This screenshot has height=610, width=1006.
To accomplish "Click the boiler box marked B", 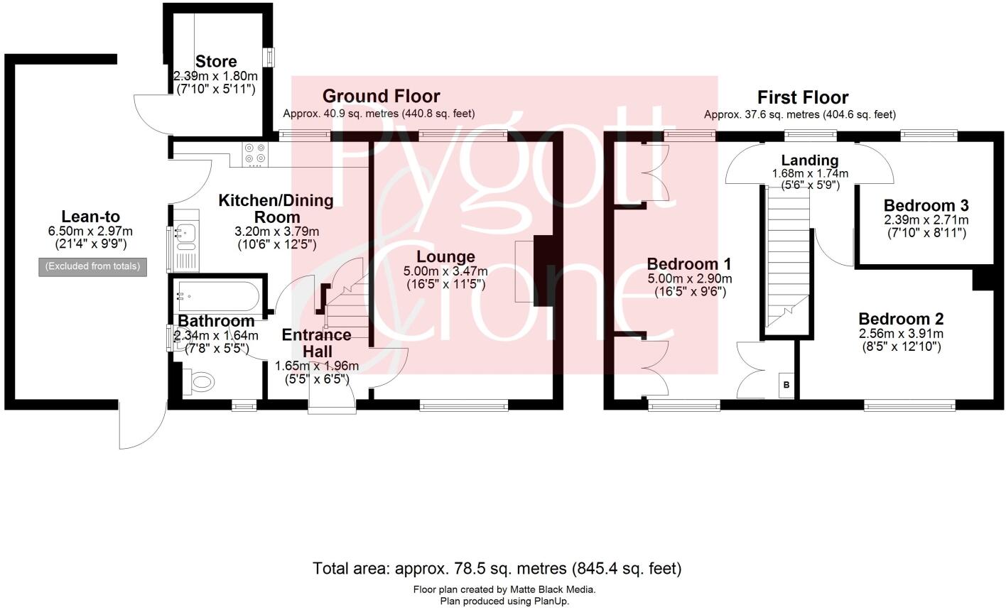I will click(x=786, y=385).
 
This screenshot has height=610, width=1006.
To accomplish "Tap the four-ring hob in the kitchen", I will click(x=256, y=156).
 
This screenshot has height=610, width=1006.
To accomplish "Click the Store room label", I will click(x=216, y=61).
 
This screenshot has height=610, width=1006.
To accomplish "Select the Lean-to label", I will click(x=90, y=217).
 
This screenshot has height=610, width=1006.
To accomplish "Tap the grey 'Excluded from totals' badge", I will click(x=93, y=266).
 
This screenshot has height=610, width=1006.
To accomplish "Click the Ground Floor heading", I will click(x=381, y=96).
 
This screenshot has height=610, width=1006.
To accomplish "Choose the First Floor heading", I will click(x=803, y=97).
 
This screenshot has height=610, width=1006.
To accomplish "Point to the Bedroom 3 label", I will click(x=926, y=205).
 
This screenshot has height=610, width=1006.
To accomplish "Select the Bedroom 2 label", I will click(x=901, y=319).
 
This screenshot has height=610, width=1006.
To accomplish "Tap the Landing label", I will click(x=809, y=160).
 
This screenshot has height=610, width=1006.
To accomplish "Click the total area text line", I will click(x=497, y=568).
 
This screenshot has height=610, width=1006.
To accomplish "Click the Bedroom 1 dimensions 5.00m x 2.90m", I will click(x=689, y=278).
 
